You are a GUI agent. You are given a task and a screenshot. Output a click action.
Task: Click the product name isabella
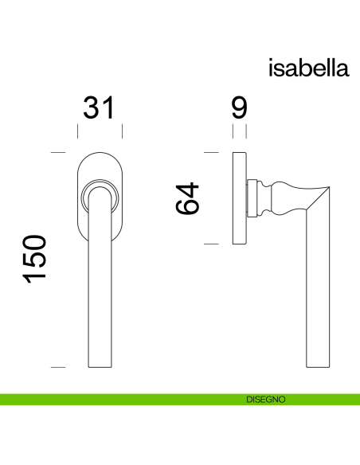pyautogui.click(x=309, y=68)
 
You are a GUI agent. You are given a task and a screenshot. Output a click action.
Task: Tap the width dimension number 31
pyautogui.click(x=100, y=107)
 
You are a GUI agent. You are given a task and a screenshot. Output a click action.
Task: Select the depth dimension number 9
pyautogui.click(x=239, y=107)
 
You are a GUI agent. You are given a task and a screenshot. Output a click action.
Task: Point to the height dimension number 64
pyautogui.click(x=188, y=198)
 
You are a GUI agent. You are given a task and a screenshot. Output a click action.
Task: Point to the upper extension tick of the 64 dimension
pyautogui.click(x=212, y=151)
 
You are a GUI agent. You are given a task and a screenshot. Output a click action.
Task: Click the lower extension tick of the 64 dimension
pyautogui.click(x=212, y=243)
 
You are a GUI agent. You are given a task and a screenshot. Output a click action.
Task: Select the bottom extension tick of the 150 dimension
pyautogui.click(x=57, y=367)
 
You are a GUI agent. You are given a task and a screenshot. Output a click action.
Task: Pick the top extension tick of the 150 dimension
pyautogui.click(x=57, y=151)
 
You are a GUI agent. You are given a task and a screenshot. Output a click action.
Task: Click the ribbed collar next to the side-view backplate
pyautogui.click(x=253, y=197)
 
